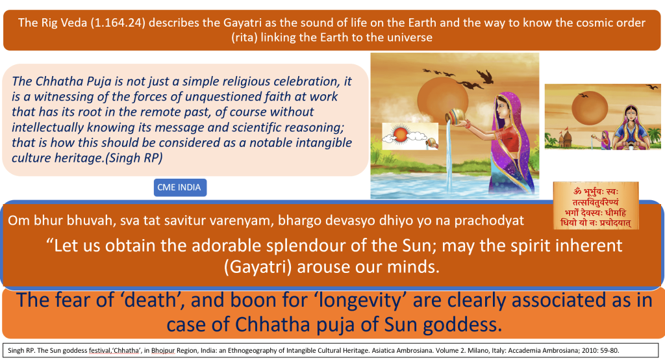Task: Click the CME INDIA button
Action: coord(179,188)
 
